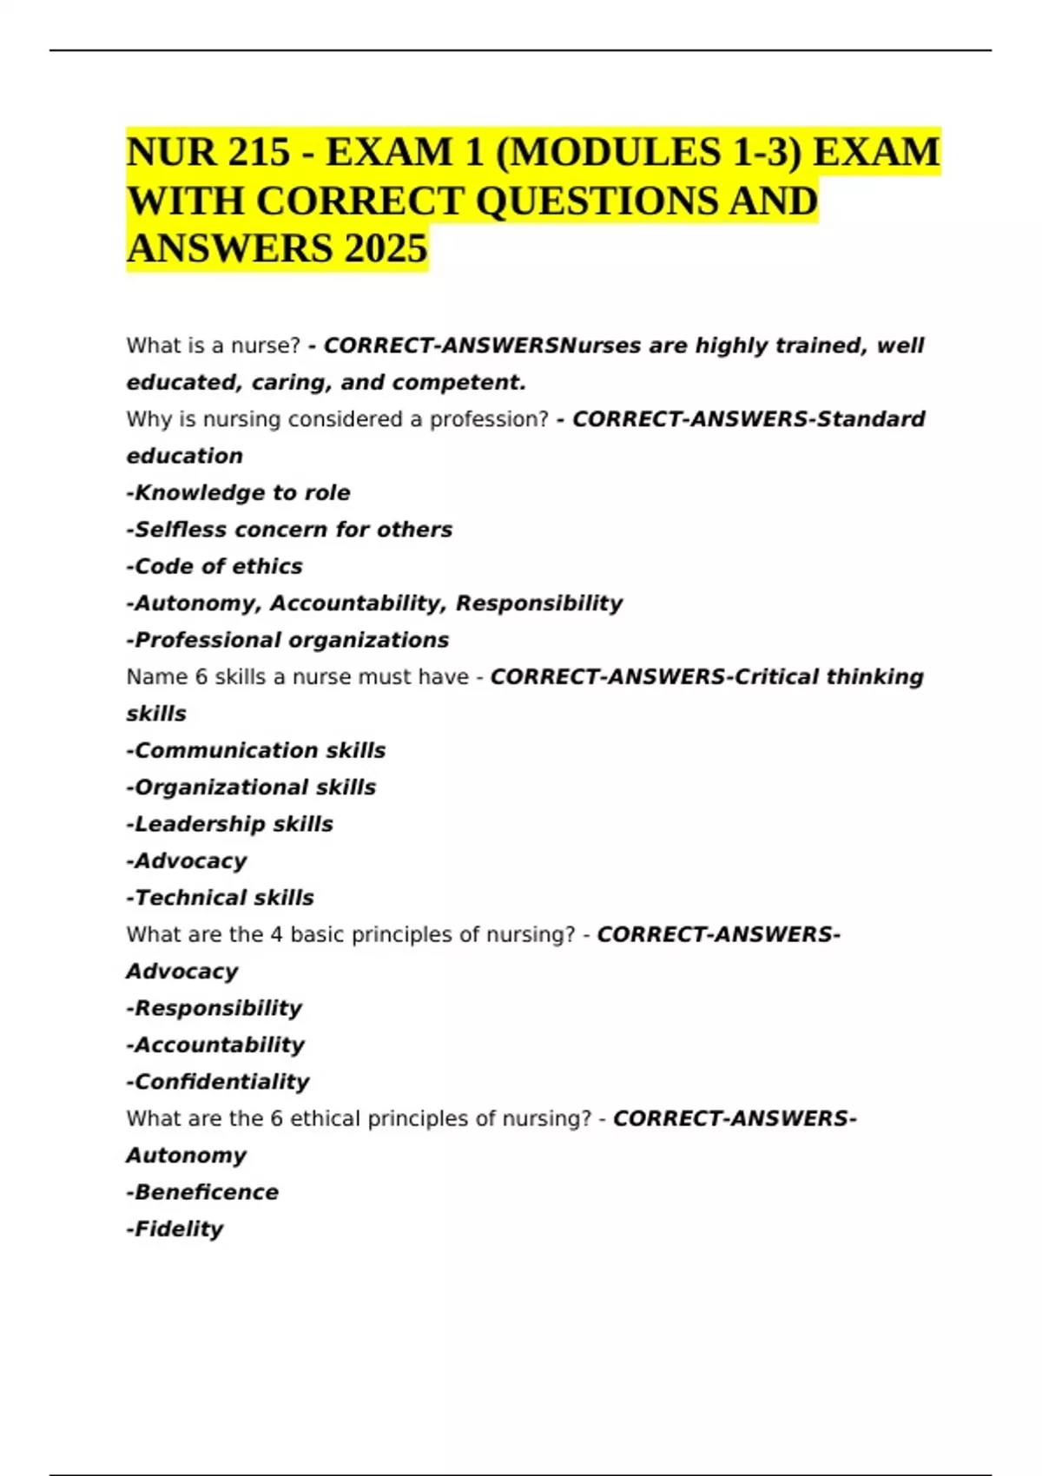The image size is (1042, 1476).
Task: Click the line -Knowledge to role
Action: [x=239, y=493]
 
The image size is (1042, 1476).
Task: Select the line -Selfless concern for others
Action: [x=289, y=530]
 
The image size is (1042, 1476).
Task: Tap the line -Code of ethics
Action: [x=214, y=566]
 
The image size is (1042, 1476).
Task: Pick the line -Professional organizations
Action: [x=287, y=640]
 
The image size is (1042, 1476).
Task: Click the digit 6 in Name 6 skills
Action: [x=201, y=677]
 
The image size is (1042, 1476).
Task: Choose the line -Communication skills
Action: [x=256, y=750]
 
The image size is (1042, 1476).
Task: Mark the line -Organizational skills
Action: [x=251, y=787]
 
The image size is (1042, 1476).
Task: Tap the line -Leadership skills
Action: [x=230, y=824]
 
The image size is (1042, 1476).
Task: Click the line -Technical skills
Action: [x=221, y=898]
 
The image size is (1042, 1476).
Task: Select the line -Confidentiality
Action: [x=218, y=1082]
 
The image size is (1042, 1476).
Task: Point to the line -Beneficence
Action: [x=202, y=1192]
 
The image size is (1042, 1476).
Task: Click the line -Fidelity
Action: [x=175, y=1229]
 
